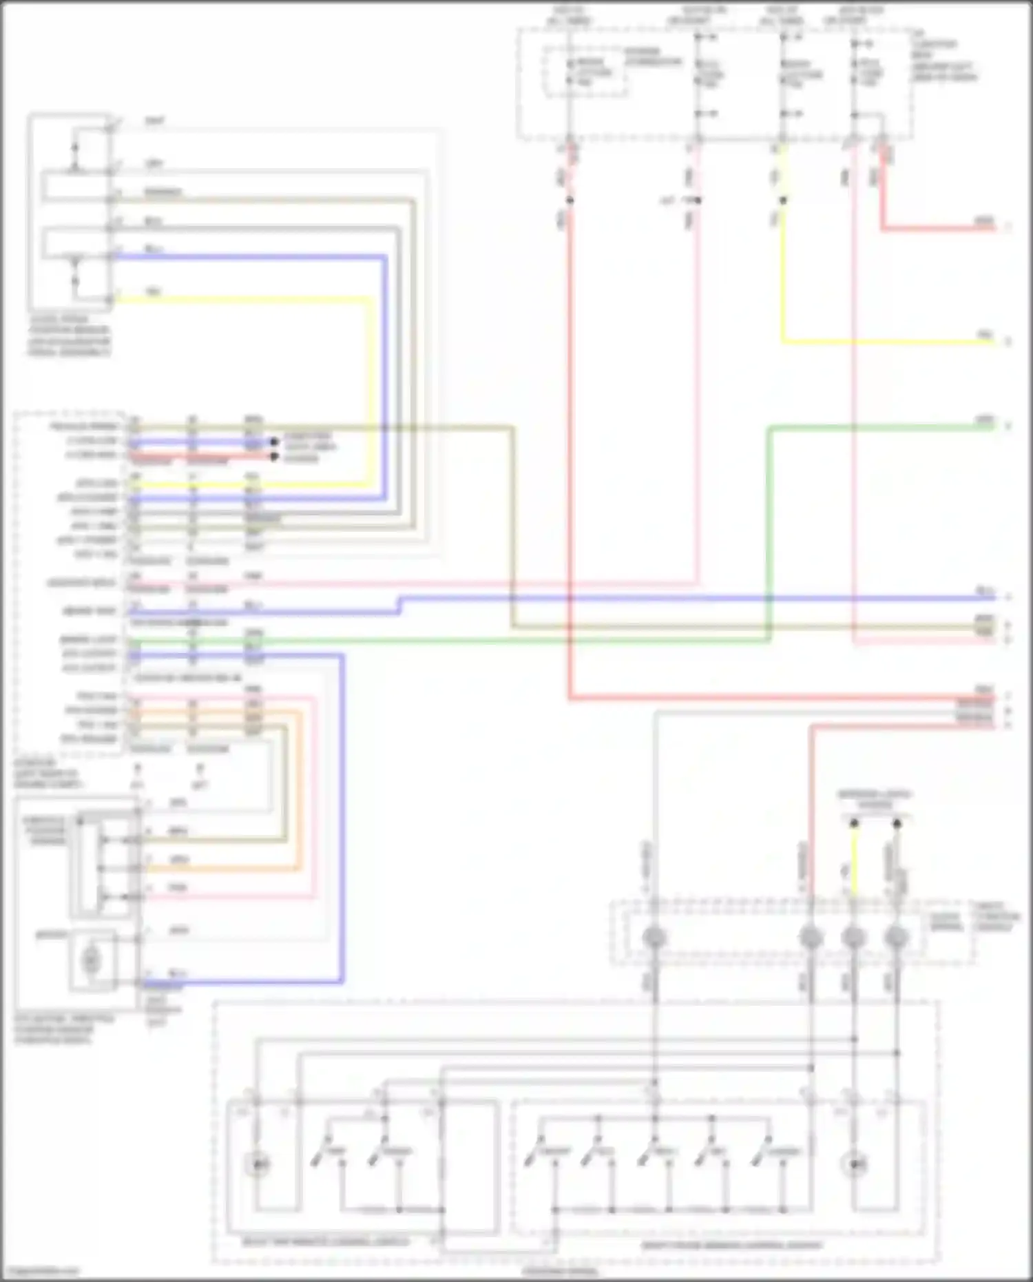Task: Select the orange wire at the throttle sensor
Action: [x=227, y=868]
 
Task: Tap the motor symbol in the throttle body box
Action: [x=91, y=960]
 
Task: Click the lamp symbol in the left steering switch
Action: [x=258, y=1164]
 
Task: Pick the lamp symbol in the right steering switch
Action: [x=855, y=1164]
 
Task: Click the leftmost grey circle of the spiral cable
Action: [x=654, y=938]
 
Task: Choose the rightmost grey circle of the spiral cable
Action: [x=897, y=938]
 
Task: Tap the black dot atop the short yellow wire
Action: [x=854, y=823]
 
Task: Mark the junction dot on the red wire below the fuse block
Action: [x=570, y=200]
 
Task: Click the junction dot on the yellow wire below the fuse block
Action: [x=783, y=200]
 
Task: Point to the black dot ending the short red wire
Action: [x=274, y=457]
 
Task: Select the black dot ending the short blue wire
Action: [x=274, y=442]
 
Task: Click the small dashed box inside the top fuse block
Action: [x=585, y=72]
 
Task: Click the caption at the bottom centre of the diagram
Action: [x=560, y=1272]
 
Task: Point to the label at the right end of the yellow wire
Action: [x=985, y=335]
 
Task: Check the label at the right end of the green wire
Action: [x=985, y=420]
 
